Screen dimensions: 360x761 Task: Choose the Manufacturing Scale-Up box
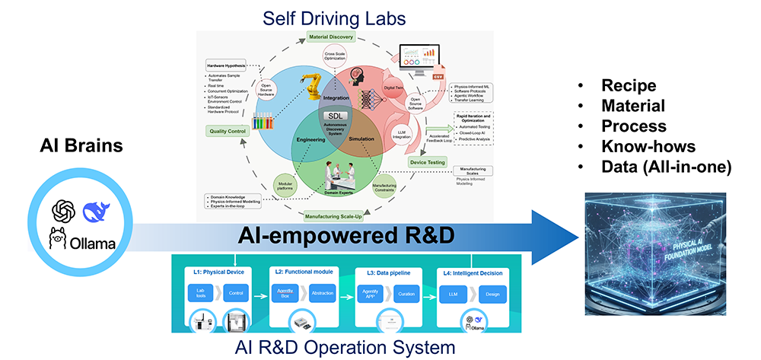[343, 218]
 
